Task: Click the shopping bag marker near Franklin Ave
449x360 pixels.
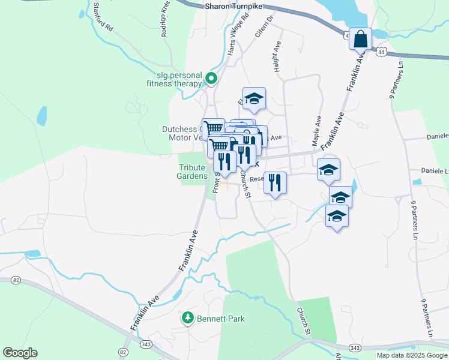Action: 361,40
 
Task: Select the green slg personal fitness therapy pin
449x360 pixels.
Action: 211,78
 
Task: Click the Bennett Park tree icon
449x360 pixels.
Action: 188,318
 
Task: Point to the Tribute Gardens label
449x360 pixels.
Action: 192,172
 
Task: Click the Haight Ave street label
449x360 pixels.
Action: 278,57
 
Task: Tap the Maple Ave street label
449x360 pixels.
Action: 316,131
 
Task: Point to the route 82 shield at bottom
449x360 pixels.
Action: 124,352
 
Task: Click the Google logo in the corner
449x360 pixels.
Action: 20,353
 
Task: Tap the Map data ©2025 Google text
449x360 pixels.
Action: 412,355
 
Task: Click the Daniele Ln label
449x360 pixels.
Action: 430,170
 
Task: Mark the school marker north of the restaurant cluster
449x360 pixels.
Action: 254,98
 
